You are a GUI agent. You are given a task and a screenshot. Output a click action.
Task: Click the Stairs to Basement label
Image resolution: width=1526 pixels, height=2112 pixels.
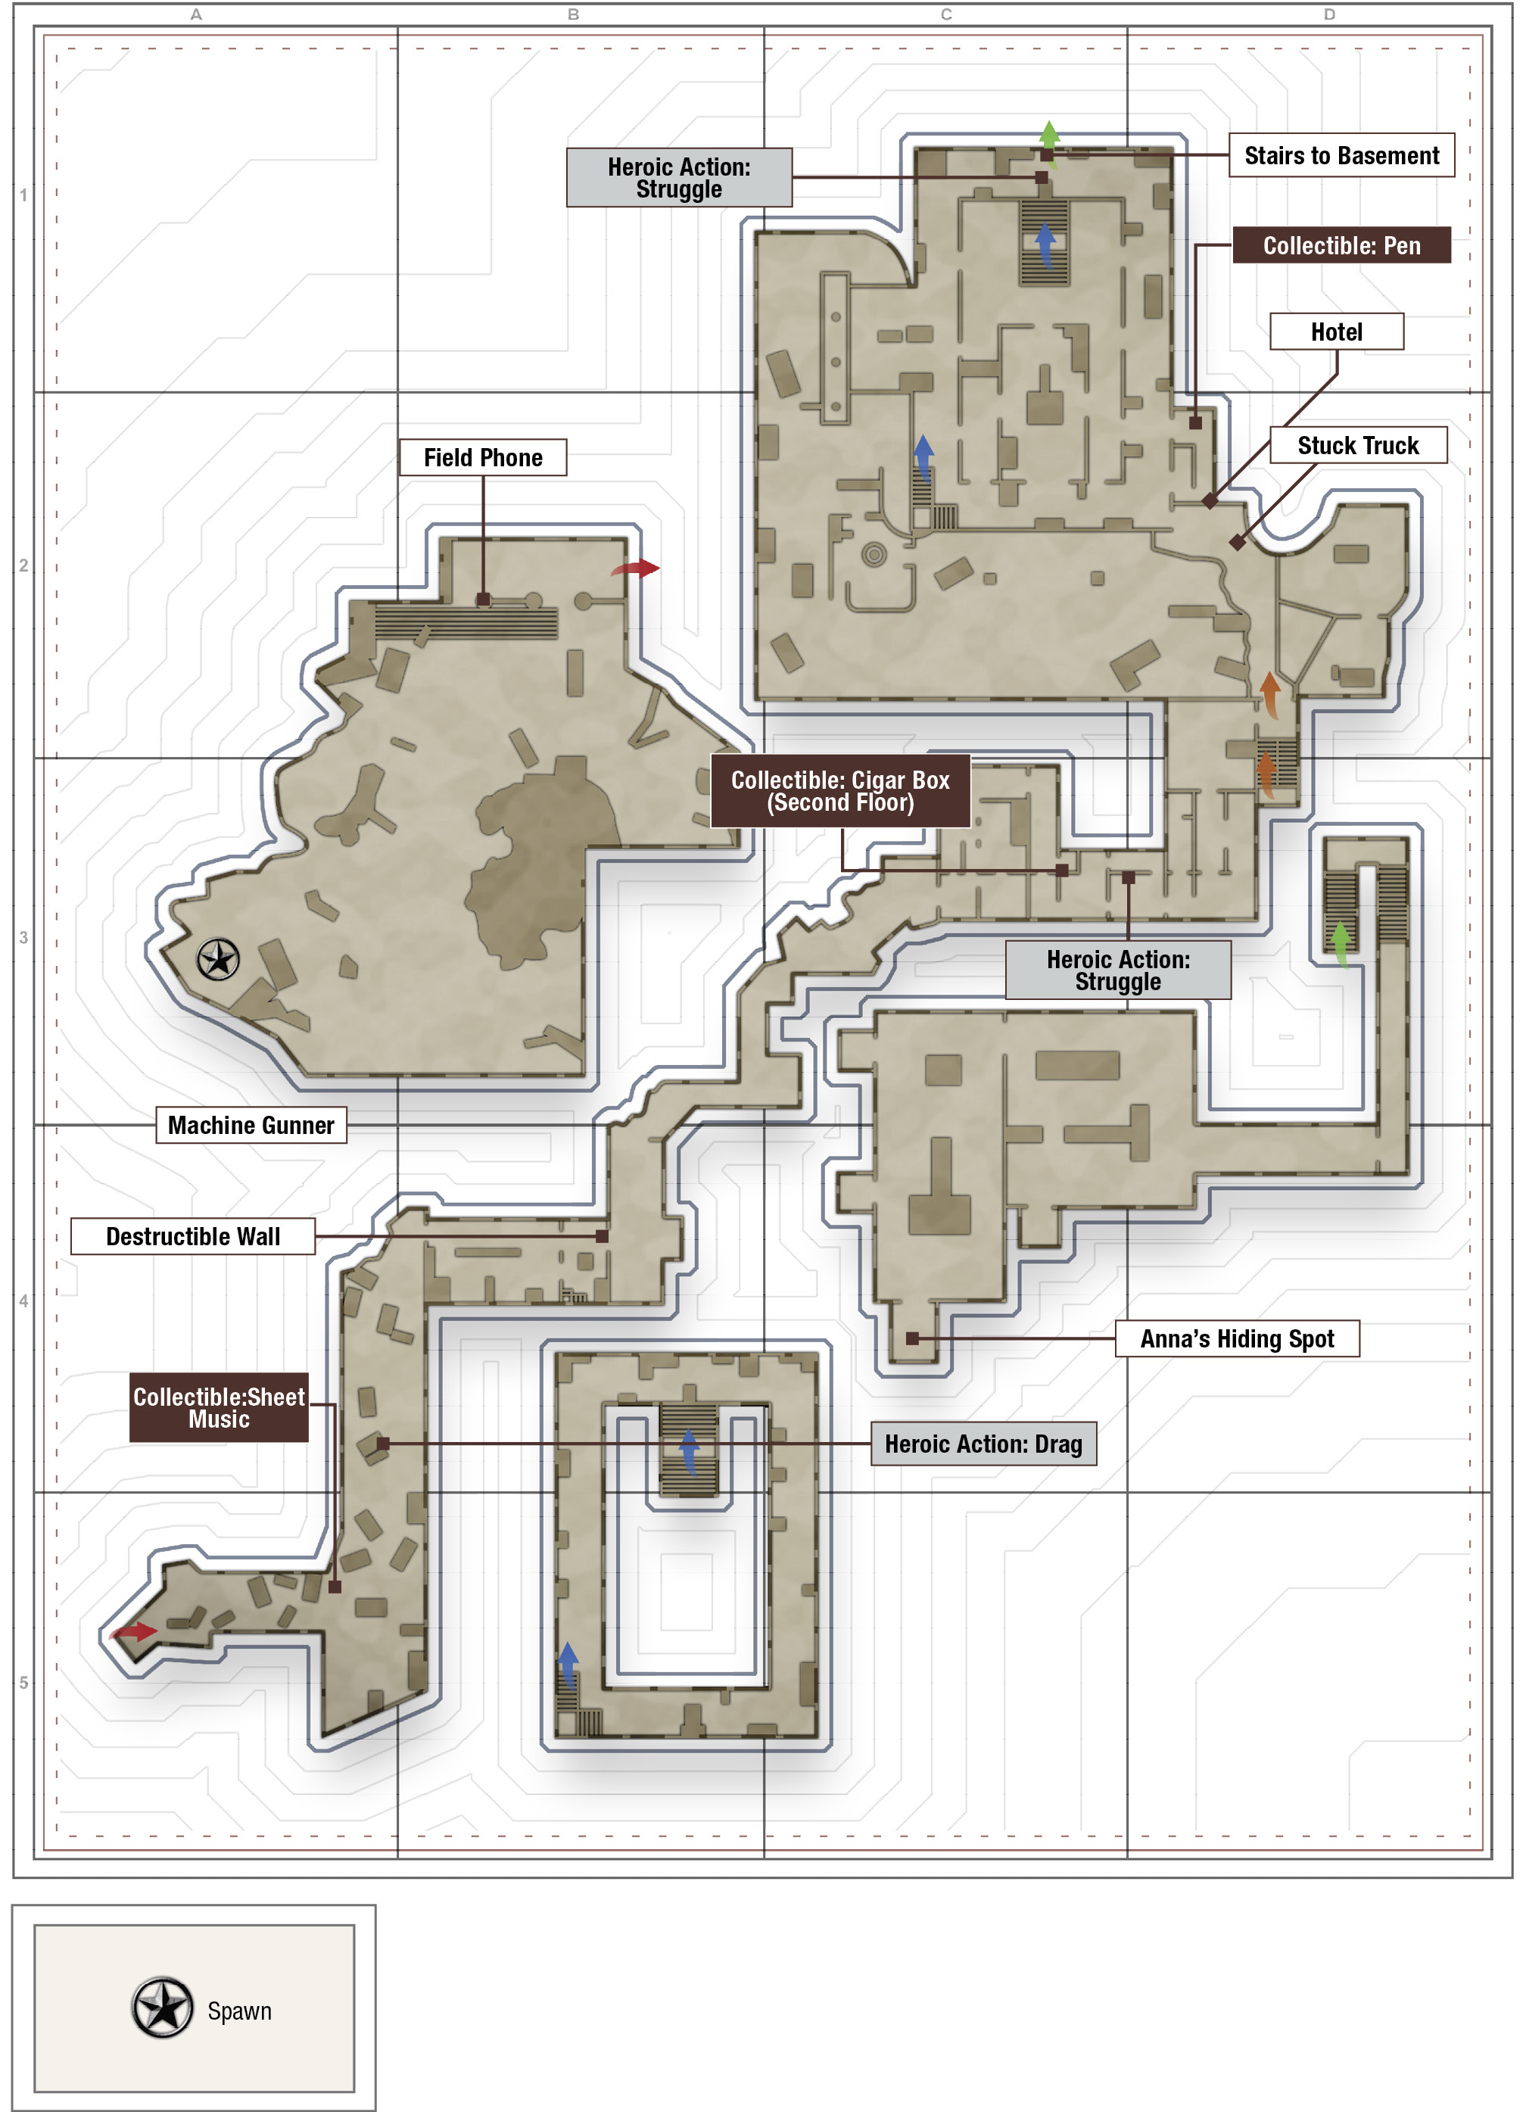[x=1341, y=155]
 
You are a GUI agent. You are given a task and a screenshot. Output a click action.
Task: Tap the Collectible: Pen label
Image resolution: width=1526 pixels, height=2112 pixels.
[x=1341, y=246]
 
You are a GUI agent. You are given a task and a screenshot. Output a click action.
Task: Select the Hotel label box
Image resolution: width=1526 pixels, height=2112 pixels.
[x=1336, y=332]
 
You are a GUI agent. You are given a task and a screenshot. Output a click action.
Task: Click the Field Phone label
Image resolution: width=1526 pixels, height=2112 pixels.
[x=483, y=458]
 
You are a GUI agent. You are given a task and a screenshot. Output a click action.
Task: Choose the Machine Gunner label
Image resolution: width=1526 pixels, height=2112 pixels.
[x=251, y=1125]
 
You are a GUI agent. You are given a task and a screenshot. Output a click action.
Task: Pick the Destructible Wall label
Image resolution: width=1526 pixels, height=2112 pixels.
[x=193, y=1237]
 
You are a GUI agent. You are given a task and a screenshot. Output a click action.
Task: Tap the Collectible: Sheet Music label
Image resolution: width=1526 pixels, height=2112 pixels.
[x=219, y=1407]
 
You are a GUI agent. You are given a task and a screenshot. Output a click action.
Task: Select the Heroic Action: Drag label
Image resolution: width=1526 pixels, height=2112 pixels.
[x=983, y=1444]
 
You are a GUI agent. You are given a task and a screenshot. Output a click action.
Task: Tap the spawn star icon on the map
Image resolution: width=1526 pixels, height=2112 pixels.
[x=219, y=959]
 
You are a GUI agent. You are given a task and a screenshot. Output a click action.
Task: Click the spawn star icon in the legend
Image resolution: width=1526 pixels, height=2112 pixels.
[x=163, y=2008]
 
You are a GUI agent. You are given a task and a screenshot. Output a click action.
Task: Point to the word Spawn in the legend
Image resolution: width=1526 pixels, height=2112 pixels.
[x=239, y=2011]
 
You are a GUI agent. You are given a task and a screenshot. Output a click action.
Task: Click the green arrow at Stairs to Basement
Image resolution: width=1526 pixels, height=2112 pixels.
[x=1049, y=136]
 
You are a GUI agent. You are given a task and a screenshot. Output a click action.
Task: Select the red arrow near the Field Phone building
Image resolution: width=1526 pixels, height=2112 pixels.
[x=636, y=568]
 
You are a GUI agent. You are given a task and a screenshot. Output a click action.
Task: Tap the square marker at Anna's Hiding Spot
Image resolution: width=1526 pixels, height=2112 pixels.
[x=912, y=1339]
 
